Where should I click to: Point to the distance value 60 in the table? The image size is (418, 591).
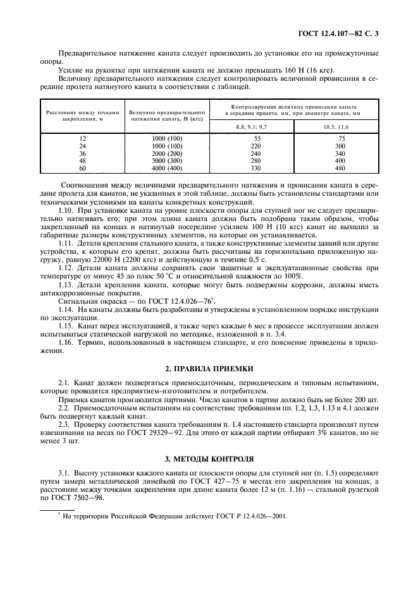coord(82,169)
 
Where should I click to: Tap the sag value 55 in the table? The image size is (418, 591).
coord(257,138)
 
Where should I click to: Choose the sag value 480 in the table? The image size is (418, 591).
coord(341,169)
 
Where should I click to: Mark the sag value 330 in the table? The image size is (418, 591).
coord(256,169)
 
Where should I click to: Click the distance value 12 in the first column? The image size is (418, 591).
coord(82,138)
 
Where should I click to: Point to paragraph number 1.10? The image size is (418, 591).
coord(67,208)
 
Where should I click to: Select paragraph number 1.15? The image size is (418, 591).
coord(67,323)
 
